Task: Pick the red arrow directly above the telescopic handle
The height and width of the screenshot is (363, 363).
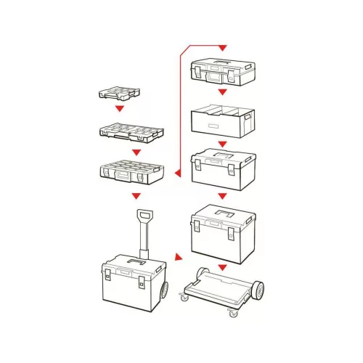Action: pyautogui.click(x=133, y=196)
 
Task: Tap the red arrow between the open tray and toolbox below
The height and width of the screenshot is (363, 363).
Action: pyautogui.click(x=223, y=143)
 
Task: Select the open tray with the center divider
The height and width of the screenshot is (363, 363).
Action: pyautogui.click(x=222, y=121)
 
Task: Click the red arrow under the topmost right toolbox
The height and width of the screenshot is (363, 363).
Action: pyautogui.click(x=223, y=93)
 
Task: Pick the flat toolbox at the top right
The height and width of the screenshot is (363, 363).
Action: pyautogui.click(x=222, y=69)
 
